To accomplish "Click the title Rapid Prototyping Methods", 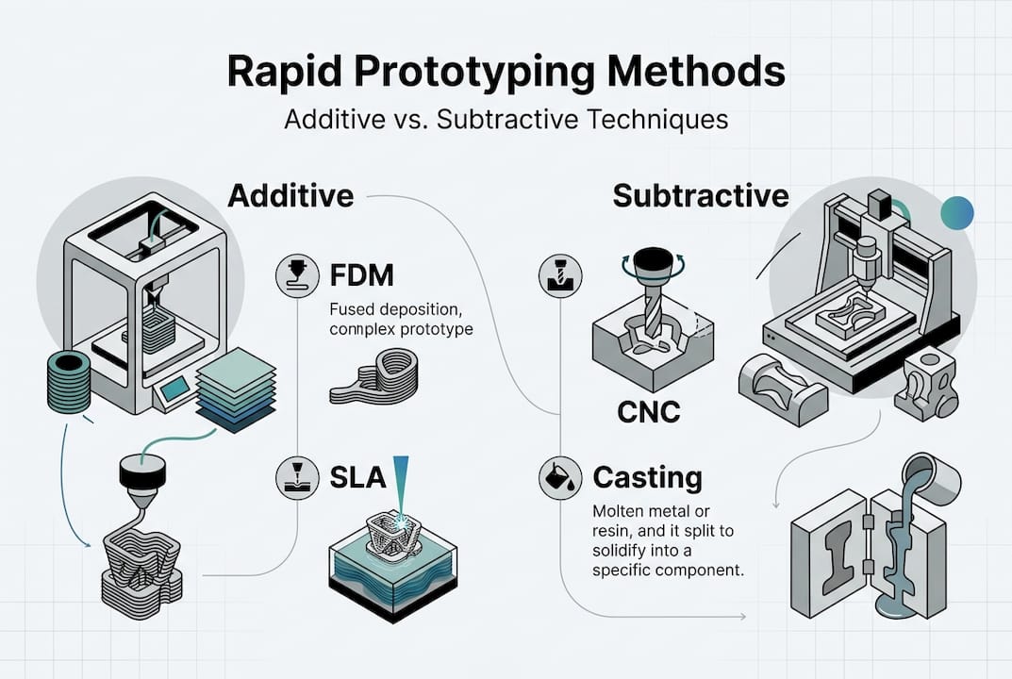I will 506,74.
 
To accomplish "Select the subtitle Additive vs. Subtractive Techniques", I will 506,121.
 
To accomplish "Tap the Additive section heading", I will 291,195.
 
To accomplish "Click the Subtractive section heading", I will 700,195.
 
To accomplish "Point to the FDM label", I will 363,275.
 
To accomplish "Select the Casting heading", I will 647,477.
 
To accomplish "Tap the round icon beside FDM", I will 291,275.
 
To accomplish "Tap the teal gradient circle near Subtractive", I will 956,214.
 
